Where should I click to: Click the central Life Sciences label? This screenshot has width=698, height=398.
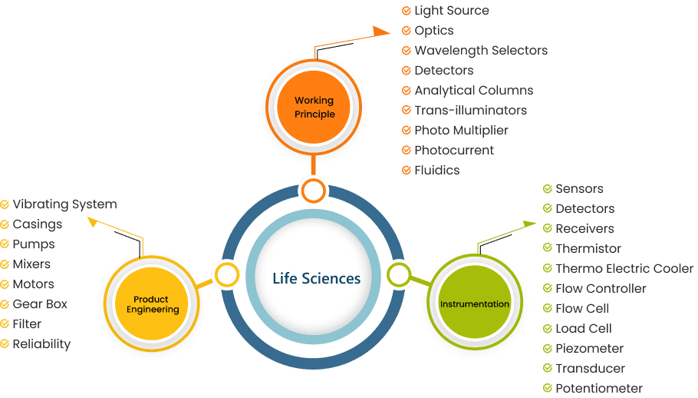(316, 277)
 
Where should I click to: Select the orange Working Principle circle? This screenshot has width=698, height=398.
(314, 108)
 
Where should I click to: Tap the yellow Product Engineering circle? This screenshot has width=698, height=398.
(156, 304)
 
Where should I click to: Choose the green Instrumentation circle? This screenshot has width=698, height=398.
(474, 304)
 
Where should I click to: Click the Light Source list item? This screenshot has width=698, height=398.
(451, 11)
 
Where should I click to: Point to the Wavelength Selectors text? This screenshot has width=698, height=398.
(481, 51)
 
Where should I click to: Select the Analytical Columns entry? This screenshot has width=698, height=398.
(473, 91)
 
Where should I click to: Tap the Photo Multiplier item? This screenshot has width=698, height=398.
(461, 131)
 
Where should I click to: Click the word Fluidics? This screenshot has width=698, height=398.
(436, 171)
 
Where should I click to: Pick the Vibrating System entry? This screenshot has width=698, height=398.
(64, 204)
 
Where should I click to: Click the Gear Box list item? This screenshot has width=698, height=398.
(40, 304)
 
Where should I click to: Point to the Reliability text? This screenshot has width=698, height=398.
(41, 344)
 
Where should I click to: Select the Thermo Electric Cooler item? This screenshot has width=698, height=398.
(624, 269)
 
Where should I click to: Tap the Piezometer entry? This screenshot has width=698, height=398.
(589, 349)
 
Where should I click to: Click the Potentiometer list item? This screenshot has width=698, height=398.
(599, 389)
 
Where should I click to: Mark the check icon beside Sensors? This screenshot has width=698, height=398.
(547, 189)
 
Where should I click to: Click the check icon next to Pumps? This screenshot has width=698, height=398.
(5, 244)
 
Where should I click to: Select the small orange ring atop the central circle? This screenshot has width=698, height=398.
(314, 189)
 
